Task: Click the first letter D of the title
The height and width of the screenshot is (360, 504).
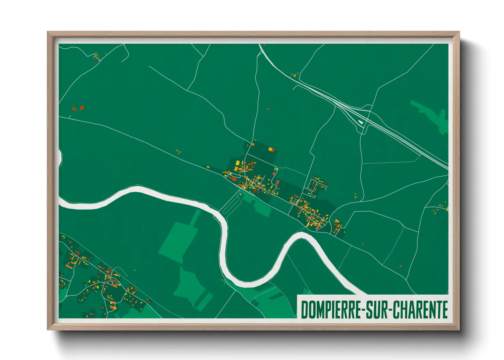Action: click(304, 310)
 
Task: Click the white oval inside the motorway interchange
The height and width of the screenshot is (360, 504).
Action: click(360, 121)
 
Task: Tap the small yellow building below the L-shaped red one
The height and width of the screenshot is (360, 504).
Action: click(70, 117)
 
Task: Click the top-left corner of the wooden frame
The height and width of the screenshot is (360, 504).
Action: click(48, 32)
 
